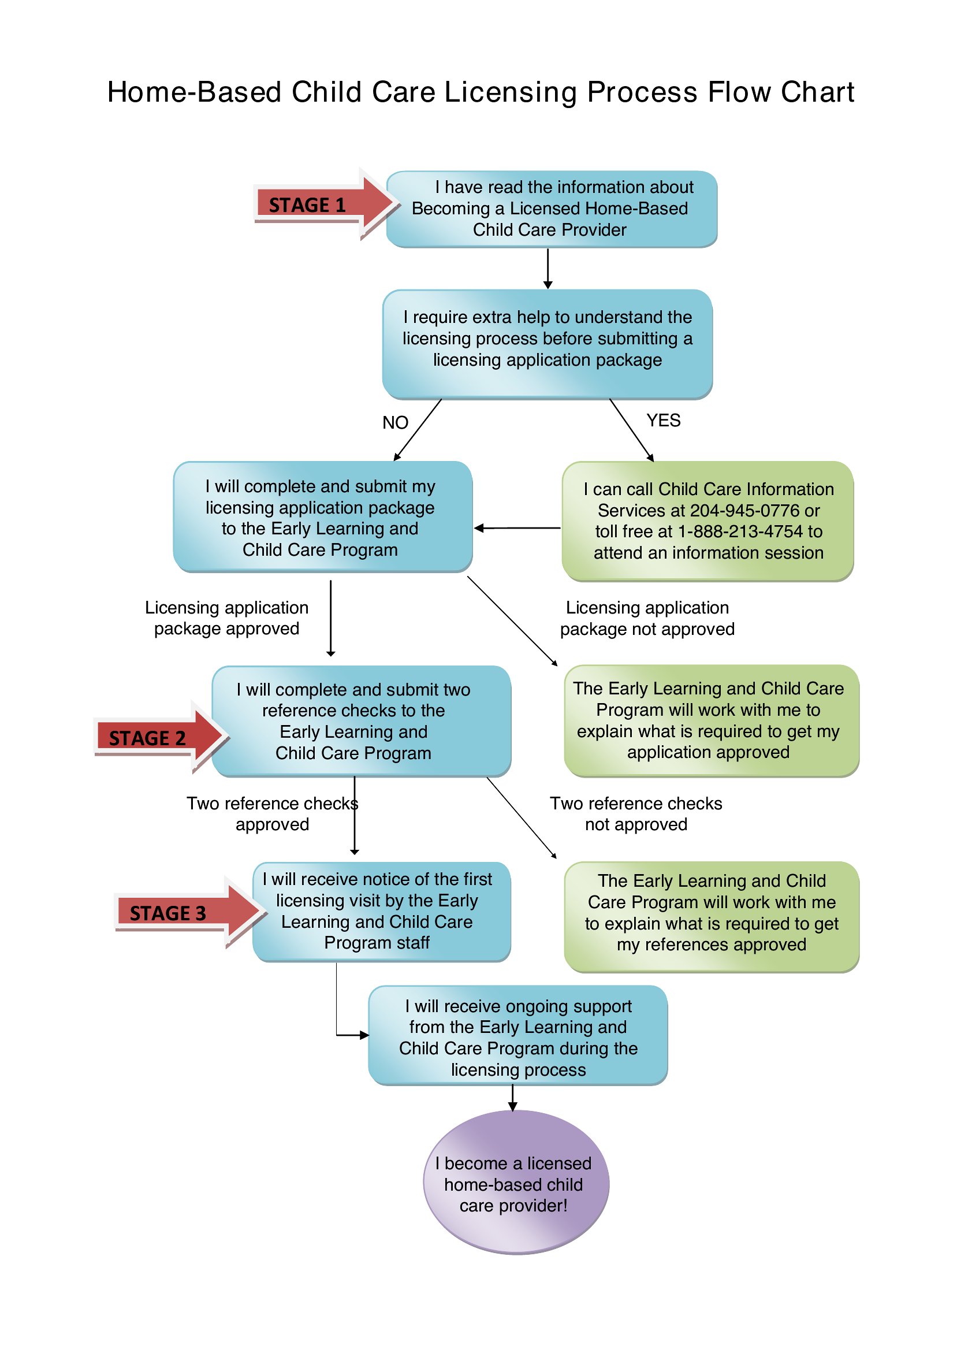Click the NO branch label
(x=395, y=422)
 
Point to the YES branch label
(x=663, y=420)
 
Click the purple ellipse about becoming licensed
(x=516, y=1182)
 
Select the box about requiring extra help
(x=548, y=344)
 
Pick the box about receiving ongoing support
(x=518, y=1035)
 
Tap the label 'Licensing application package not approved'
(x=647, y=618)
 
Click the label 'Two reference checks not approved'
(x=636, y=814)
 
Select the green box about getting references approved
(x=712, y=916)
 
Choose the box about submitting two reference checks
(x=361, y=722)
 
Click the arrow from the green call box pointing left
(x=517, y=528)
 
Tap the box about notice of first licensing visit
(x=381, y=912)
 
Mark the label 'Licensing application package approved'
(x=227, y=618)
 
